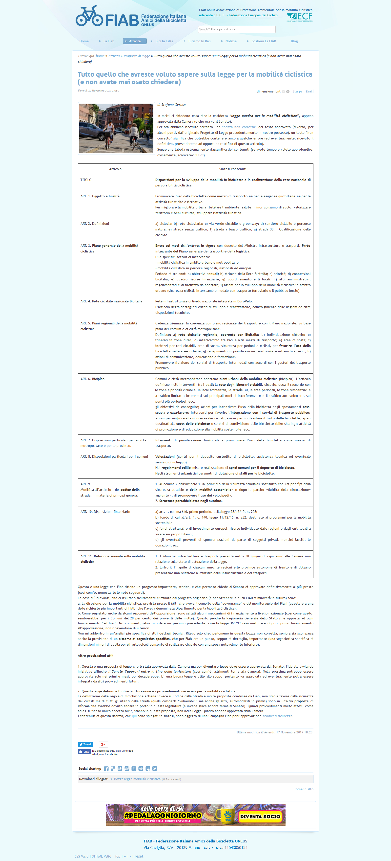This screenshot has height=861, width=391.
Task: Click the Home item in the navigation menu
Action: click(84, 41)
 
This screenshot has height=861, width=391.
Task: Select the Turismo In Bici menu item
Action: click(199, 41)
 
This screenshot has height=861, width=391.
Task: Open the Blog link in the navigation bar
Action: click(294, 41)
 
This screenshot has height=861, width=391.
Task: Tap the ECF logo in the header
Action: click(300, 17)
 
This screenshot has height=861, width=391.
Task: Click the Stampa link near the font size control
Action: click(297, 91)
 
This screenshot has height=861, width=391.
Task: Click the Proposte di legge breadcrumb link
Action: click(137, 56)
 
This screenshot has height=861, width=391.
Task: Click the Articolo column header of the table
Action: click(115, 169)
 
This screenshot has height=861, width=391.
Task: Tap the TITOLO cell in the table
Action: click(86, 180)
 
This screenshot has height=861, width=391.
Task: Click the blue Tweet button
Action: click(85, 744)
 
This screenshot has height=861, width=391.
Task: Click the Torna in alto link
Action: click(304, 789)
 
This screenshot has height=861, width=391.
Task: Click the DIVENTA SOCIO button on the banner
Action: click(260, 816)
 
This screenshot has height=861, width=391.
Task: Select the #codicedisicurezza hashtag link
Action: click(277, 716)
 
